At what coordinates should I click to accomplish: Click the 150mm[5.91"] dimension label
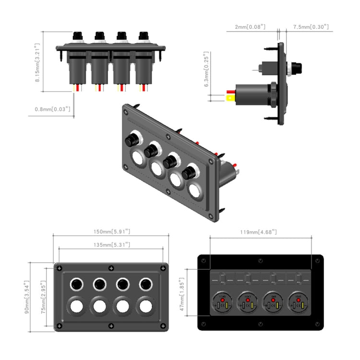[111, 231]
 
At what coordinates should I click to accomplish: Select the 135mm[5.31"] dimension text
[111, 245]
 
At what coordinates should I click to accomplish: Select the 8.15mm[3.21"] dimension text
[37, 61]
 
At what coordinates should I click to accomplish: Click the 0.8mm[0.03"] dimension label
[53, 109]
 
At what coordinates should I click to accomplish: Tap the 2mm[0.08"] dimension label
[250, 27]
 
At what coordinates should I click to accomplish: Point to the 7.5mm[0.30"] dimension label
[311, 27]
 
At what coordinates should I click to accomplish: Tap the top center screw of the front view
[111, 268]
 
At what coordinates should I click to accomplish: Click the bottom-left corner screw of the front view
[59, 326]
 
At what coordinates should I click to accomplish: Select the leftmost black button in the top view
[77, 36]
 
